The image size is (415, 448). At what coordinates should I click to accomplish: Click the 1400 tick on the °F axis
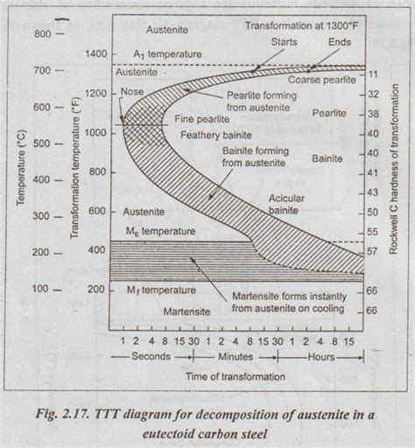click(x=96, y=54)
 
